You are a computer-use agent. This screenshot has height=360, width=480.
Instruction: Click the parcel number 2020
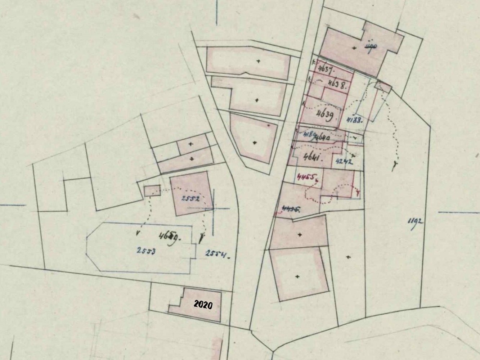203,305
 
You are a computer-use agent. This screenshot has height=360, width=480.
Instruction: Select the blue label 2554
217,254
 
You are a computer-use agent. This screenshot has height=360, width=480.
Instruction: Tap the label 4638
337,84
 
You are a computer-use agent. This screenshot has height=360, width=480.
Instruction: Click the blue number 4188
354,120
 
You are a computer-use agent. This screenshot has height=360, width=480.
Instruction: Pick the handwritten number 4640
323,137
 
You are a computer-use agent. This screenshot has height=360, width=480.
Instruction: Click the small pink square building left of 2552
152,190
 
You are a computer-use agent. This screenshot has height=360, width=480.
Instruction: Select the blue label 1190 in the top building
371,46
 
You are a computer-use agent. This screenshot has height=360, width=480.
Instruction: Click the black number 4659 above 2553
169,236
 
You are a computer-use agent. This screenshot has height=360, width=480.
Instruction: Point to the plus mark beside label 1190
355,48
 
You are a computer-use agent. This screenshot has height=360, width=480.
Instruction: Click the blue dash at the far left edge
13,206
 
